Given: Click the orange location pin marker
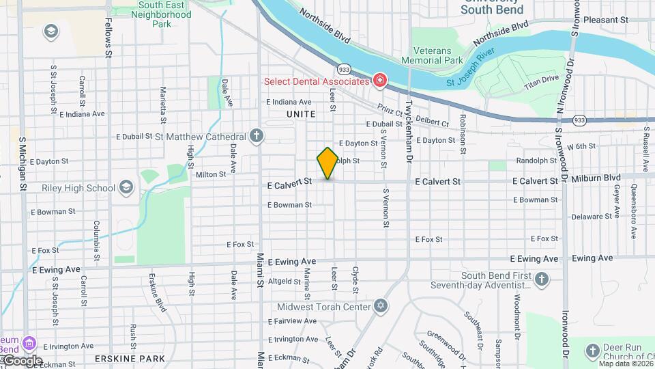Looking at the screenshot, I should click(x=327, y=163).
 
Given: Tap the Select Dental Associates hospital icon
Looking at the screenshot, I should click(x=379, y=81).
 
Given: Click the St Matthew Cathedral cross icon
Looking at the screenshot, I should click(x=256, y=136).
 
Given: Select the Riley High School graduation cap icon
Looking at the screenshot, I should click(x=126, y=187).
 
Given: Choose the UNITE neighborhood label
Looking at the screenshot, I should click(x=301, y=114).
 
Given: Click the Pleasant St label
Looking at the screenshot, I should click(x=606, y=20).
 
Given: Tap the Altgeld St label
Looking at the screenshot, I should click(x=285, y=281).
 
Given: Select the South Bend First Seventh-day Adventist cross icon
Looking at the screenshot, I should click(x=541, y=279).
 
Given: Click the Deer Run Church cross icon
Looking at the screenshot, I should click(x=592, y=351).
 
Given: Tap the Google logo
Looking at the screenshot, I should click(x=23, y=361).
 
